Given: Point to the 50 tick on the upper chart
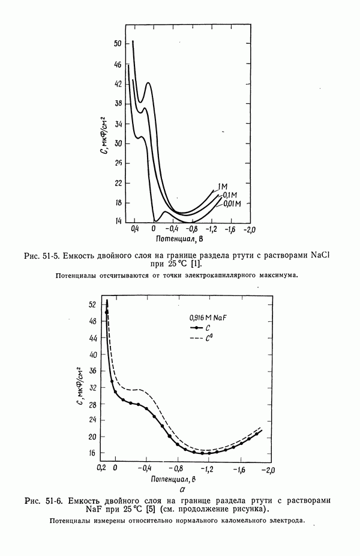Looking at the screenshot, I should (117, 44).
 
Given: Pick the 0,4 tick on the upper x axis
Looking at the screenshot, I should (134, 229).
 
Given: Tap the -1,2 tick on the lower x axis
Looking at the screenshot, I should (207, 468).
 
